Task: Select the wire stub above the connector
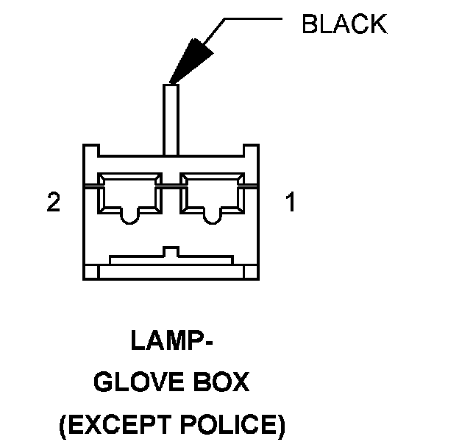[x=171, y=118]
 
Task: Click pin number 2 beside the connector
[x=53, y=203]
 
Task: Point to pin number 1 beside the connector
[x=291, y=203]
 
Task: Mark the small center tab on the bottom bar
[x=171, y=251]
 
